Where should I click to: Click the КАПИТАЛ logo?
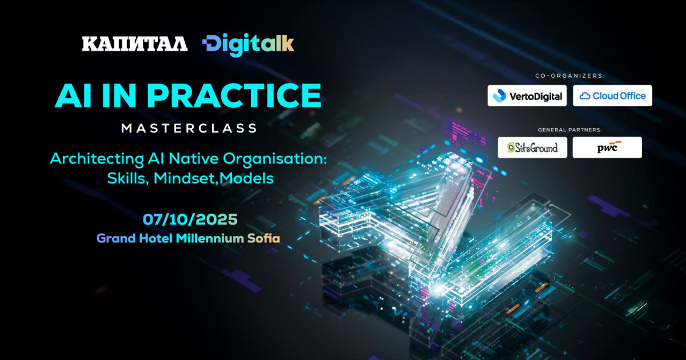coord(135,44)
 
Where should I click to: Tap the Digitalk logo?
coord(248,45)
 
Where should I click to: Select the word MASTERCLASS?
coord(189,128)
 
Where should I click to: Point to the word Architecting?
coord(97,159)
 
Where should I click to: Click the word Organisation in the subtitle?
coord(275,159)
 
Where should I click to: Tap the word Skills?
coord(128,178)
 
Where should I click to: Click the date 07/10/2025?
coord(190,219)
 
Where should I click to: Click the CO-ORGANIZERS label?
coord(570,76)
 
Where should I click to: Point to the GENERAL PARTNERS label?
coord(570,130)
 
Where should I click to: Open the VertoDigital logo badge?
coord(527,96)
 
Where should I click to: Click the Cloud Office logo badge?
coord(612,96)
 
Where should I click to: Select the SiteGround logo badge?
coord(532,148)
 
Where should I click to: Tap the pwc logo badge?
coord(607,148)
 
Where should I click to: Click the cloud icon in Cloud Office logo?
coord(585,96)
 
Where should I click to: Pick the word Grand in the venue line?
coord(116,238)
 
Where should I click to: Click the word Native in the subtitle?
coord(194,159)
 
